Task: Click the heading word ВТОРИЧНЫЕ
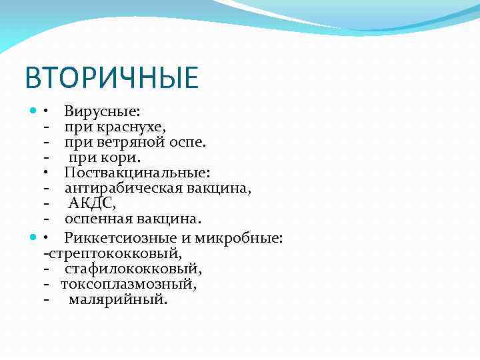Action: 111,77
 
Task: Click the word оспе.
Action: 190,142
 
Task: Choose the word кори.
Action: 123,157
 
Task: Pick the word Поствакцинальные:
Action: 137,173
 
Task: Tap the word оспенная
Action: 100,219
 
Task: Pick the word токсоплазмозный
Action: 128,284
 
